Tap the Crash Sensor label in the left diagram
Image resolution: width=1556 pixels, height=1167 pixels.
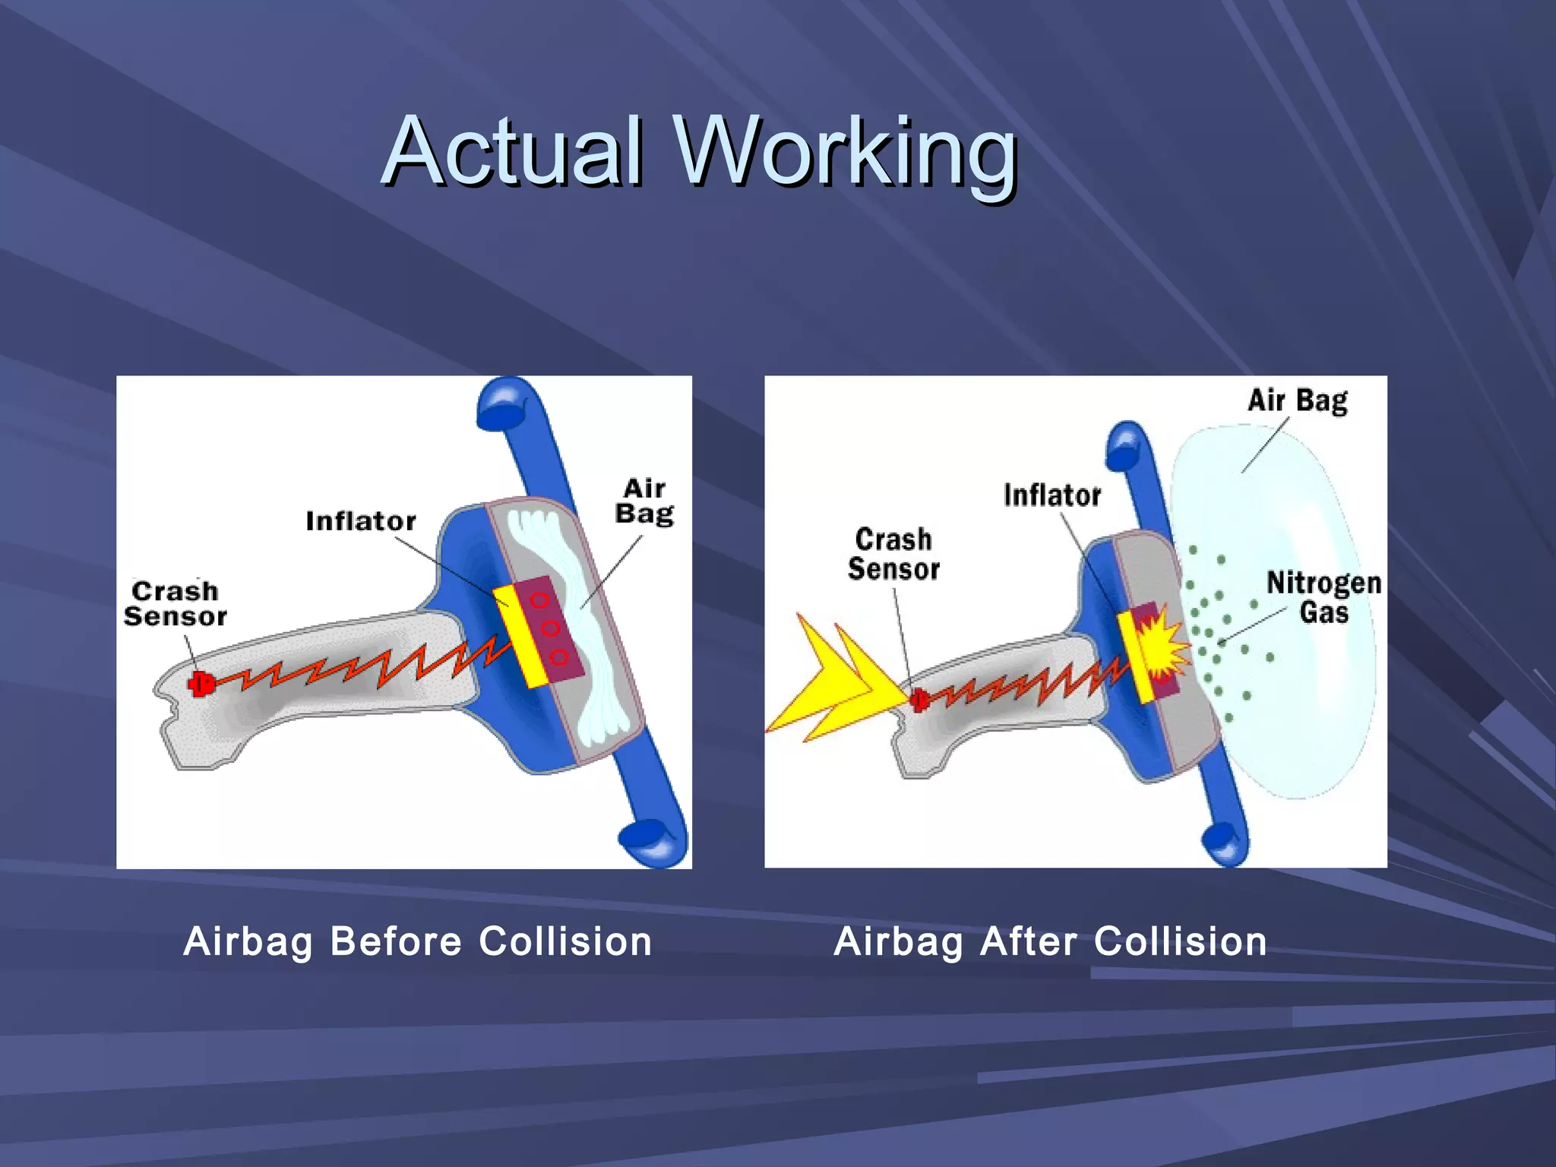point(176,604)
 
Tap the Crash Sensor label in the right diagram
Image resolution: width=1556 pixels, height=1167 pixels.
point(893,555)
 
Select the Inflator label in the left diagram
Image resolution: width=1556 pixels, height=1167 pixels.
point(361,521)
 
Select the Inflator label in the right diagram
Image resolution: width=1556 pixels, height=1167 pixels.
point(1052,495)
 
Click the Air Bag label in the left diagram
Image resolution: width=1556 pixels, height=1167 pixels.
point(644,501)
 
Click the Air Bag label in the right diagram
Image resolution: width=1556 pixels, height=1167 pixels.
point(1297,400)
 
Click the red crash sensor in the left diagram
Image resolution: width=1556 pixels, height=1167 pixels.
point(200,684)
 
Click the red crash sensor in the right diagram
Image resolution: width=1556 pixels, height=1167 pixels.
point(919,699)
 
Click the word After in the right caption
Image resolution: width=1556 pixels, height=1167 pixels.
point(1028,942)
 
